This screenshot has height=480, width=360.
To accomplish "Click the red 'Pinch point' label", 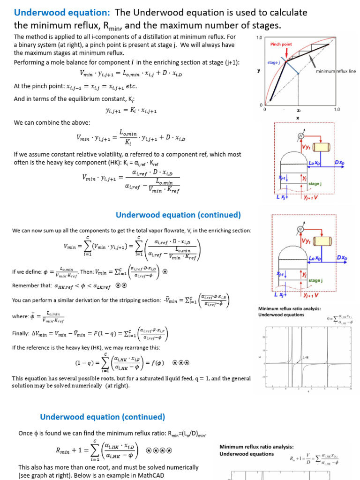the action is click(281, 44).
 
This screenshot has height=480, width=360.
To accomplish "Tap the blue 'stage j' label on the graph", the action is click(273, 62).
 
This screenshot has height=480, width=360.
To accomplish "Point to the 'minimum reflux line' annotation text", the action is click(336, 71).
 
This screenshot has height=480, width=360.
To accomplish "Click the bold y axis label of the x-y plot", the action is click(259, 70).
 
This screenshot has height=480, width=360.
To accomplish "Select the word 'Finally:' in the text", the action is click(22, 334).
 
